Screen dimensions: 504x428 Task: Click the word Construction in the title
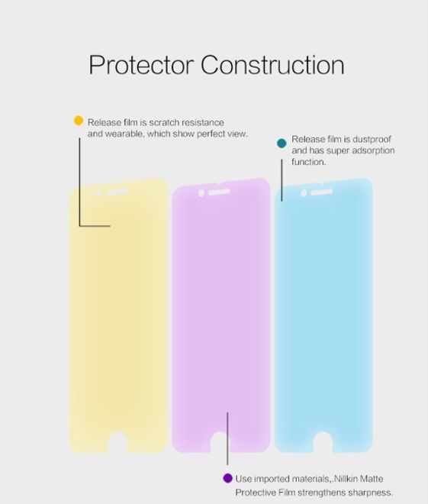(x=272, y=65)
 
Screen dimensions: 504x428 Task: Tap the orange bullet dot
(x=78, y=121)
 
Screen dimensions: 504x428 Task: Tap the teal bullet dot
(x=282, y=142)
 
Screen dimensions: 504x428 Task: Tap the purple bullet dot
(x=227, y=478)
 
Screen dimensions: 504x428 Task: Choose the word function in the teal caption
(x=309, y=163)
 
